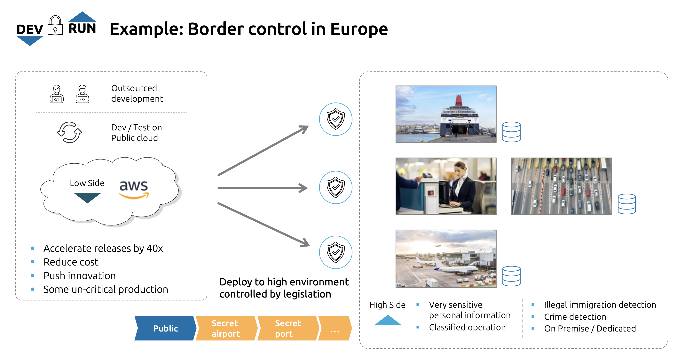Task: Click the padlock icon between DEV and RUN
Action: pyautogui.click(x=55, y=26)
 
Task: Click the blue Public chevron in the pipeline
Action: pyautogui.click(x=165, y=328)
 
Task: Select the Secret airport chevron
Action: pyautogui.click(x=226, y=328)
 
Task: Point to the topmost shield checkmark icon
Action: pyautogui.click(x=336, y=119)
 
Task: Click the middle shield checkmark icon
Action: pyautogui.click(x=336, y=187)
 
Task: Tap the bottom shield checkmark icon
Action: pyautogui.click(x=336, y=252)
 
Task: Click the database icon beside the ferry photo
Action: pyautogui.click(x=511, y=132)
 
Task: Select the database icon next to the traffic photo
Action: pyautogui.click(x=626, y=204)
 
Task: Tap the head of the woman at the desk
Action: pyautogui.click(x=460, y=168)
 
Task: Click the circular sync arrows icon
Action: pyautogui.click(x=69, y=132)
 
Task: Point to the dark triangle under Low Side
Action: pyautogui.click(x=87, y=197)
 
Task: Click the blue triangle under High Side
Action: pyautogui.click(x=388, y=320)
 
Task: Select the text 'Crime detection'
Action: pyautogui.click(x=575, y=317)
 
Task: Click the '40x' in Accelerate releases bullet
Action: pyautogui.click(x=154, y=248)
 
